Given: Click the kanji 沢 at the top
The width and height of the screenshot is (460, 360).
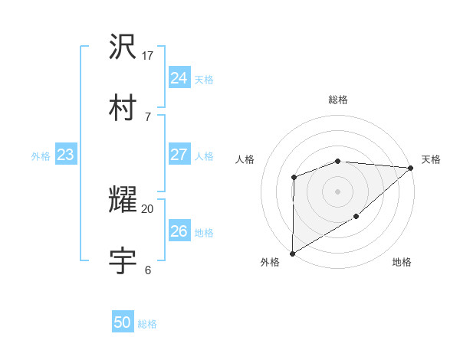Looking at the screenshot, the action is (x=123, y=47).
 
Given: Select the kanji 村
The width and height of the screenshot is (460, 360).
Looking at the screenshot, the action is (x=123, y=106).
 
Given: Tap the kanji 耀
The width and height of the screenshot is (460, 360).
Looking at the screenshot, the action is (x=123, y=200).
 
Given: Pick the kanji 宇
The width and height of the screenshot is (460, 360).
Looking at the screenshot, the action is (x=123, y=260).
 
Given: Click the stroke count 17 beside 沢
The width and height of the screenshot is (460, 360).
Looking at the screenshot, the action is (x=148, y=56).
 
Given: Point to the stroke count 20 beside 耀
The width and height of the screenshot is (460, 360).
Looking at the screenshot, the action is (x=148, y=208).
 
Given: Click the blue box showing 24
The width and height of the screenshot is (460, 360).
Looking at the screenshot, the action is (x=179, y=78).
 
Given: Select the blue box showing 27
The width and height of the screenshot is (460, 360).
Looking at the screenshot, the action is (x=179, y=155).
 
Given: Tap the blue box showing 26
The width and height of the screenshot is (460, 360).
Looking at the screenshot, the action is (x=179, y=231).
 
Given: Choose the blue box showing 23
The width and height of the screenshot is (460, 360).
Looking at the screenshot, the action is (x=66, y=155).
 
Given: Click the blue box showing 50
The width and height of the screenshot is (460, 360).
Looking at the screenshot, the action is (x=123, y=322).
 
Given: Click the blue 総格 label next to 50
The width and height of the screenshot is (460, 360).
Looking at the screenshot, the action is (x=147, y=324).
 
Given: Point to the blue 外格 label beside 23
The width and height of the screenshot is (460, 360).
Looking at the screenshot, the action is (x=41, y=156).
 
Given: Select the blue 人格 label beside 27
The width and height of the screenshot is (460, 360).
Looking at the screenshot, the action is (x=204, y=156).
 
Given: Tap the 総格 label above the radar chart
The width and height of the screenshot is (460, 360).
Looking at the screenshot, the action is (x=337, y=100).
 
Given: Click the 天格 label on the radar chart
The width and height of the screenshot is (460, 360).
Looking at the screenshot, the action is (x=431, y=159).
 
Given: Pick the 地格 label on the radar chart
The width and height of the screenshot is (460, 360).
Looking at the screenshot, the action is (x=402, y=263).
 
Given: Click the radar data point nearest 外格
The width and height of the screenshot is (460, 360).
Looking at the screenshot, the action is (x=292, y=253).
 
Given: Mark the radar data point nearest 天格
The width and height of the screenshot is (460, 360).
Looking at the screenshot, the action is (x=411, y=168).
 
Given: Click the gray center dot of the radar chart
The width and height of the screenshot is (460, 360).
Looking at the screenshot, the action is (x=337, y=191).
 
